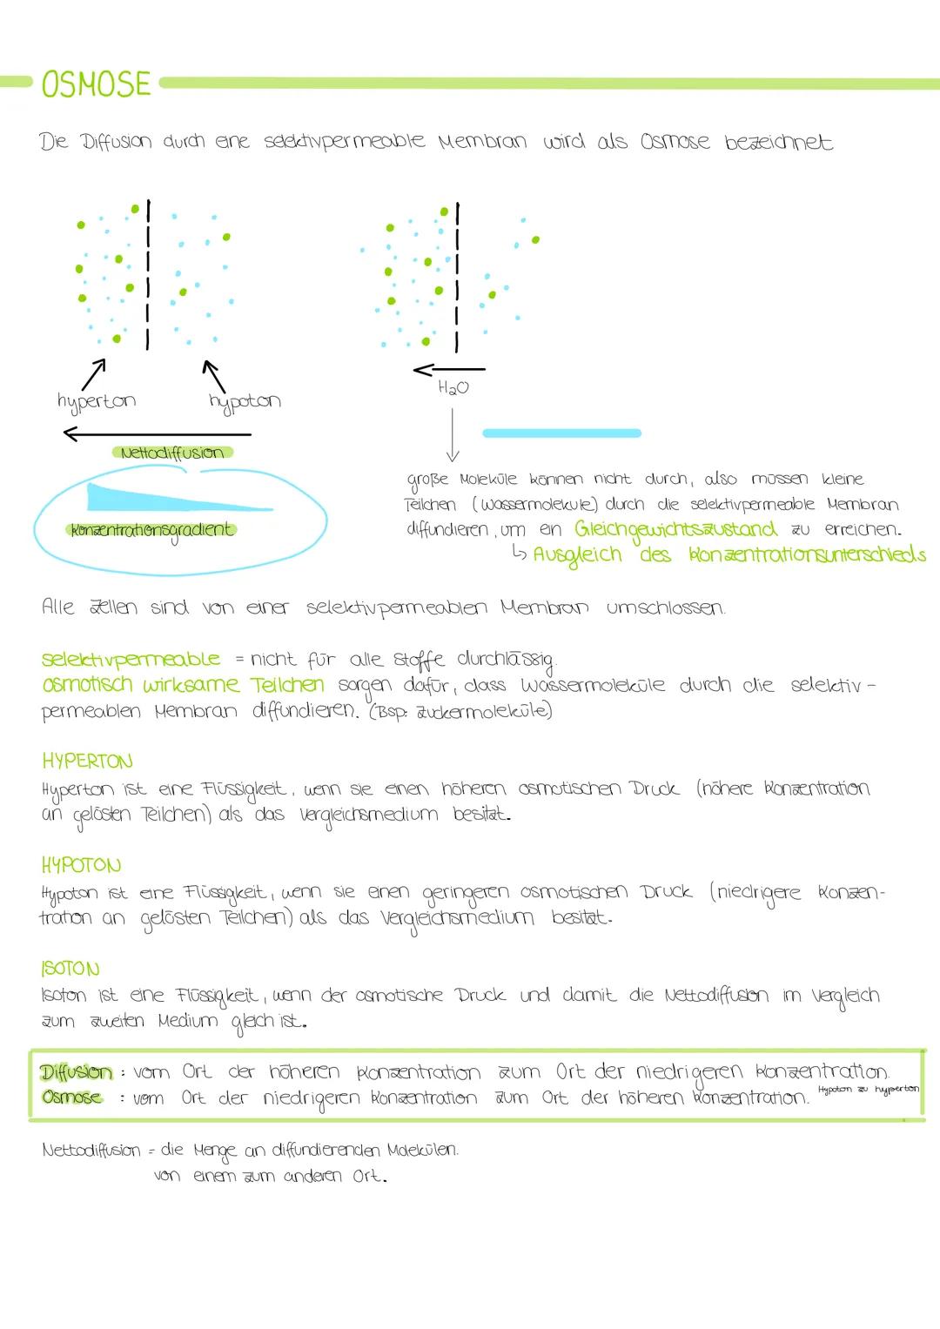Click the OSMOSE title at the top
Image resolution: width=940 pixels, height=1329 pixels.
point(96,84)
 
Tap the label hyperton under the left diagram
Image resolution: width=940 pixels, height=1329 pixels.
point(96,401)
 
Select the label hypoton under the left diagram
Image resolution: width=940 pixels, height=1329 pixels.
point(245,401)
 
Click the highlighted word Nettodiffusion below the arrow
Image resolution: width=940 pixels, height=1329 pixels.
point(172,453)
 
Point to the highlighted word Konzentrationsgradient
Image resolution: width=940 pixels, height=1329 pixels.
point(151,530)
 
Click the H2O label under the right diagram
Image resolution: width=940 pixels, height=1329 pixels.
point(453,388)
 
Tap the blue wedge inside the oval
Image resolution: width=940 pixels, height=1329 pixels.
point(157,499)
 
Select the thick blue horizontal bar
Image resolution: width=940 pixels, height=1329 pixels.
point(561,433)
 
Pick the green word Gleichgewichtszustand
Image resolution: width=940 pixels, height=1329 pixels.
point(675,529)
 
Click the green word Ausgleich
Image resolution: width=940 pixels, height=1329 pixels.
point(578,555)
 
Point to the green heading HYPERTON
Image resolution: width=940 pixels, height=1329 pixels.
point(87,762)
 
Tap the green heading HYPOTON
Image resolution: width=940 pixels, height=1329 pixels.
point(81,865)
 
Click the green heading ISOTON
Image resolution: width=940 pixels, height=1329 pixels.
point(70,969)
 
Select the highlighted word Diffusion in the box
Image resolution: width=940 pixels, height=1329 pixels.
point(77,1072)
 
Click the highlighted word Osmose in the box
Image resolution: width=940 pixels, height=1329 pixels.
point(71,1097)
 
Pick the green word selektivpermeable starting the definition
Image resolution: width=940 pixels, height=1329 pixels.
point(131,660)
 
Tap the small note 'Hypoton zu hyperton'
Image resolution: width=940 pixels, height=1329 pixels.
point(868,1090)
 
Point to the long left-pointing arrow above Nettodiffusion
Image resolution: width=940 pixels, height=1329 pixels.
point(157,433)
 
